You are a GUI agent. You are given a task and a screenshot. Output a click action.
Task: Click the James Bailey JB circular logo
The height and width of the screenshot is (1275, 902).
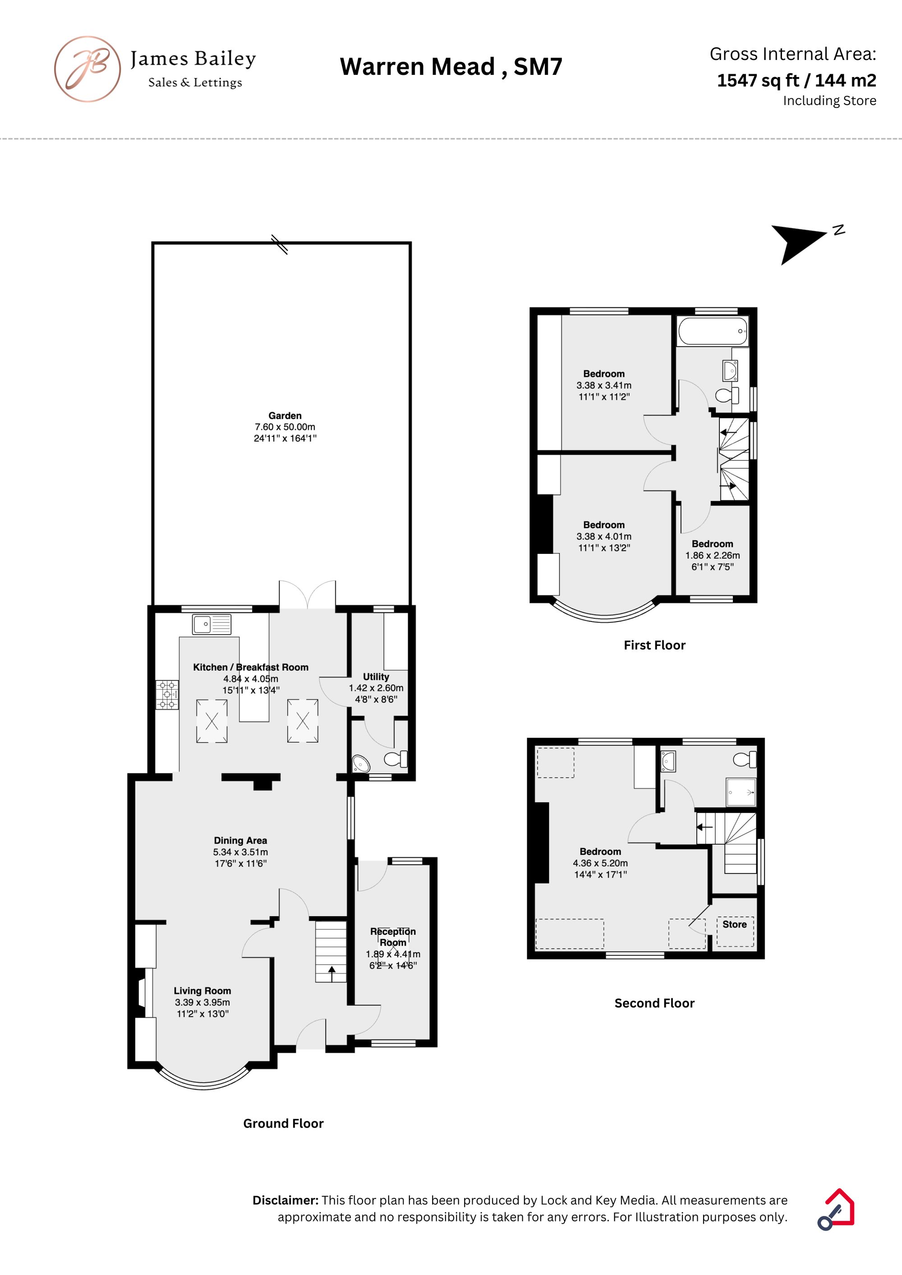(x=87, y=69)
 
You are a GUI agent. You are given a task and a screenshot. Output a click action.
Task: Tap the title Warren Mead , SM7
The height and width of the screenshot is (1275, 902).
(x=451, y=67)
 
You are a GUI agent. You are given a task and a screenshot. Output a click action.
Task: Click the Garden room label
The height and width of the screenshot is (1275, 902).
(x=285, y=416)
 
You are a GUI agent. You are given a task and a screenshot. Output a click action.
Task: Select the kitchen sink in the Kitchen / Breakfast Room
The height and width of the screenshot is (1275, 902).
(x=212, y=624)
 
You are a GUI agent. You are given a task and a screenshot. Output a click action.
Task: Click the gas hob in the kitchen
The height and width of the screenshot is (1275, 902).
(x=167, y=695)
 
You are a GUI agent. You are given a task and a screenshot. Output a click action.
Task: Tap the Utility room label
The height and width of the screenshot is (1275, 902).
(x=376, y=676)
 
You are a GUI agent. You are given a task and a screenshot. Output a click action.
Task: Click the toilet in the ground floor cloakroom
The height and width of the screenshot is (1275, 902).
(x=397, y=758)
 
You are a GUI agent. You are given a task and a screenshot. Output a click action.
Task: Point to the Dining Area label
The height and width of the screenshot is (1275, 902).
(x=241, y=840)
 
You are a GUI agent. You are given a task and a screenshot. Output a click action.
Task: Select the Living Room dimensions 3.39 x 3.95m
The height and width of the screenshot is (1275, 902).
(x=202, y=1002)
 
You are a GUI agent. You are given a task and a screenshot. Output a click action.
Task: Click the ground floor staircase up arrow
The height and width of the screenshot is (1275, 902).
(x=332, y=973)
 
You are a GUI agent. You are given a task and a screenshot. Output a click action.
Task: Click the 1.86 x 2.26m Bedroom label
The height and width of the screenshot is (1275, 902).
(x=713, y=544)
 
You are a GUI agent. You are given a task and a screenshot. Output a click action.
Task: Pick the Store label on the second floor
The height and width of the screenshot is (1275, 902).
(x=734, y=924)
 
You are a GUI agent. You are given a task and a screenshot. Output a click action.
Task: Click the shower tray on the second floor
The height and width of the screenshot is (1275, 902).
(x=741, y=792)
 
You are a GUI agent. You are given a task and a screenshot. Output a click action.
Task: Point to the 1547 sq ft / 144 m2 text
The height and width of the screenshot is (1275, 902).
(x=796, y=81)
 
